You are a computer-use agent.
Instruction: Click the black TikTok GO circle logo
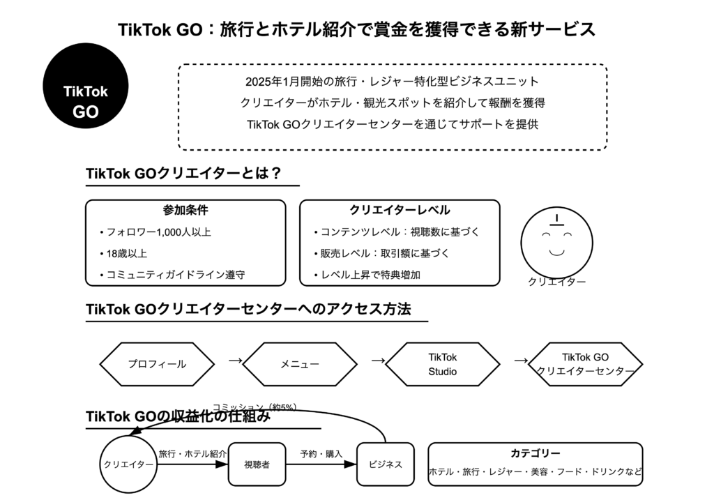(86, 84)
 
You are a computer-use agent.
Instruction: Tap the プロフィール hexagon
(157, 364)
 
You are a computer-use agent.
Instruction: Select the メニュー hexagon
(299, 364)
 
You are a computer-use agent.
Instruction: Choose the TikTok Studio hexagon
(442, 364)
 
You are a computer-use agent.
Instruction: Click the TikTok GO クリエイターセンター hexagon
(585, 364)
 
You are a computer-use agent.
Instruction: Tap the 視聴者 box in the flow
(257, 464)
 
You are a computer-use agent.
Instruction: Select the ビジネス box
(385, 464)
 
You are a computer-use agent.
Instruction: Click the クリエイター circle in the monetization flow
(128, 464)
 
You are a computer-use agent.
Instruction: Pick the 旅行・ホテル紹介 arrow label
(192, 454)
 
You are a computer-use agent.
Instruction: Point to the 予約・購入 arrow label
(321, 454)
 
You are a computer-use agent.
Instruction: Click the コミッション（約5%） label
(255, 407)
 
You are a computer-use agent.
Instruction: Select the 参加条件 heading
(185, 210)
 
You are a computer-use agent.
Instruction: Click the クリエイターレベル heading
(400, 210)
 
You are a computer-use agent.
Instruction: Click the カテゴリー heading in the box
(535, 453)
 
